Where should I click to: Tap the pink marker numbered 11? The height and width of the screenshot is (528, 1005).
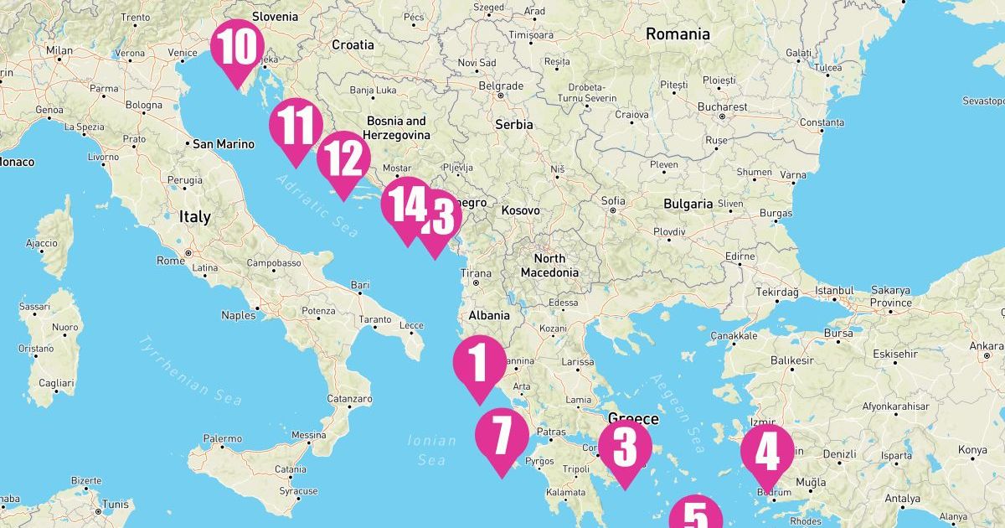pyautogui.click(x=296, y=126)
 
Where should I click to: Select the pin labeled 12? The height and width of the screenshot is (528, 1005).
pyautogui.click(x=343, y=159)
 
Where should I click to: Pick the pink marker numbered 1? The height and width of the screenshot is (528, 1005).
pyautogui.click(x=480, y=364)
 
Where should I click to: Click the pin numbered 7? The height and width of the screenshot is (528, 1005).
pyautogui.click(x=502, y=437)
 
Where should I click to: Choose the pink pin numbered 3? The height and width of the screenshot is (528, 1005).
pyautogui.click(x=625, y=448)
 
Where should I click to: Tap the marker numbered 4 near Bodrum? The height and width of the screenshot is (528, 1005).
pyautogui.click(x=767, y=453)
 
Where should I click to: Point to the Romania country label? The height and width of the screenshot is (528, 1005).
pyautogui.click(x=678, y=34)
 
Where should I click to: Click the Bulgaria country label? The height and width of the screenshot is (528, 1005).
pyautogui.click(x=688, y=204)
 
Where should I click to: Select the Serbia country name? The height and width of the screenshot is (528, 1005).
pyautogui.click(x=513, y=124)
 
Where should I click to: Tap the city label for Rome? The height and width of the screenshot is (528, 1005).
pyautogui.click(x=170, y=261)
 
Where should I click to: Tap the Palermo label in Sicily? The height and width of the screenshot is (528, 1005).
pyautogui.click(x=222, y=438)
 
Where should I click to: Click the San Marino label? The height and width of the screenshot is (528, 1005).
pyautogui.click(x=223, y=144)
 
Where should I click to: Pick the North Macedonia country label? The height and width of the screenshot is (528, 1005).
pyautogui.click(x=549, y=266)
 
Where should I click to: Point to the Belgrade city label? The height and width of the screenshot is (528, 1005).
pyautogui.click(x=501, y=85)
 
